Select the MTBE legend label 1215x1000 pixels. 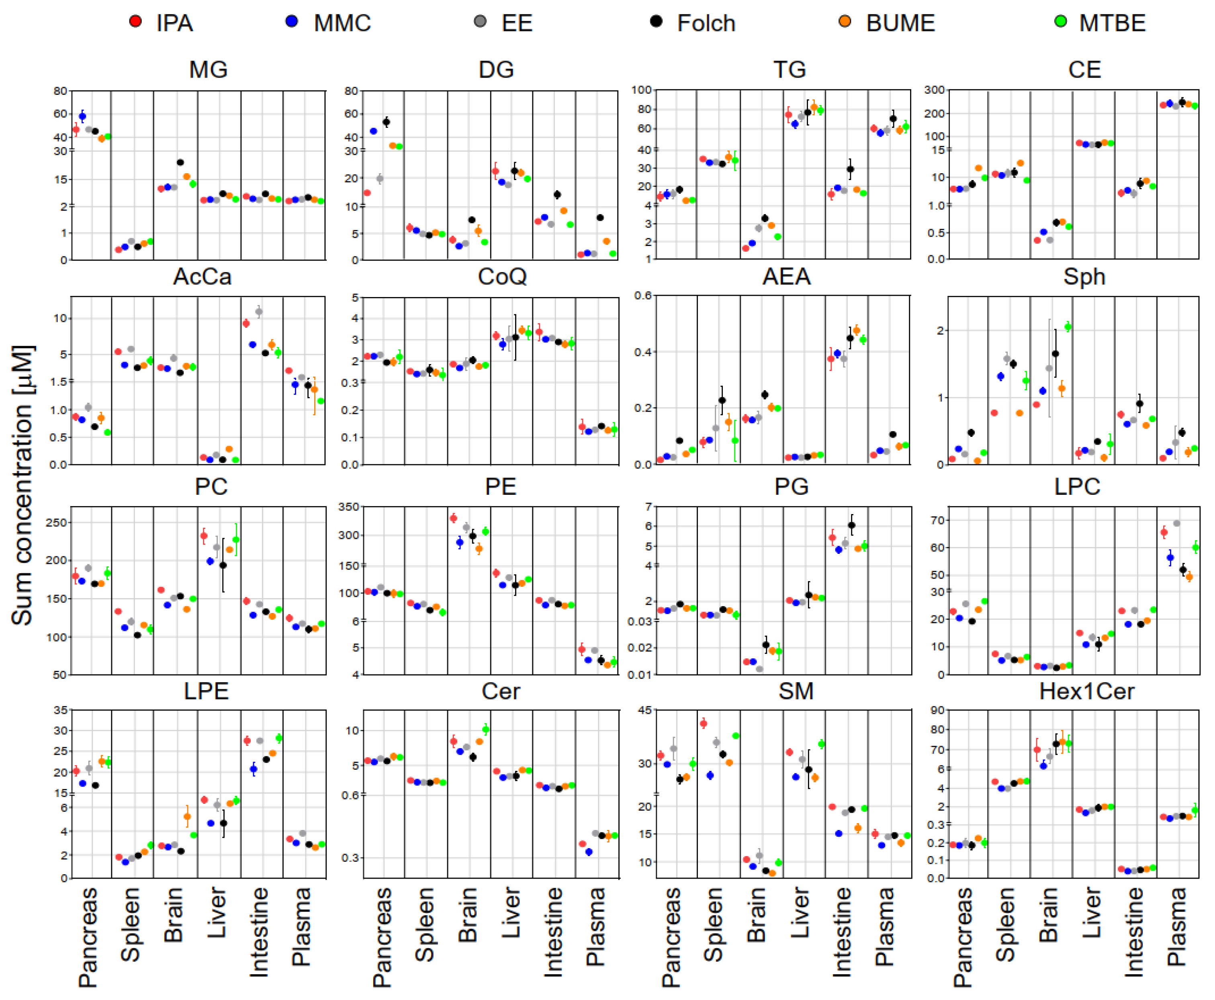pyautogui.click(x=1111, y=23)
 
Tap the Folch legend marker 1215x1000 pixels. pyautogui.click(x=656, y=21)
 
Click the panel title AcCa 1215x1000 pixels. pyautogui.click(x=202, y=277)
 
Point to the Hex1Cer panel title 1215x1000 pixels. pyautogui.click(x=1086, y=691)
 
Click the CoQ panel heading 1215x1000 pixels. pyautogui.click(x=502, y=277)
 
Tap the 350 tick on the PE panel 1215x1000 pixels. pyautogui.click(x=348, y=507)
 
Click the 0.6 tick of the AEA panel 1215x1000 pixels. pyautogui.click(x=642, y=296)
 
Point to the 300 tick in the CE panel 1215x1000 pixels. pyautogui.click(x=934, y=90)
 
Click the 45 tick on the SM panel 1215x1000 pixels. pyautogui.click(x=645, y=710)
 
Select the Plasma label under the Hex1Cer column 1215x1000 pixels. pyautogui.click(x=1176, y=927)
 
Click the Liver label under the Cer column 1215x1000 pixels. pyautogui.click(x=511, y=913)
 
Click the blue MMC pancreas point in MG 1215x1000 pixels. pyautogui.click(x=82, y=117)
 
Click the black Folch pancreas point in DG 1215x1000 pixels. pyautogui.click(x=387, y=122)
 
